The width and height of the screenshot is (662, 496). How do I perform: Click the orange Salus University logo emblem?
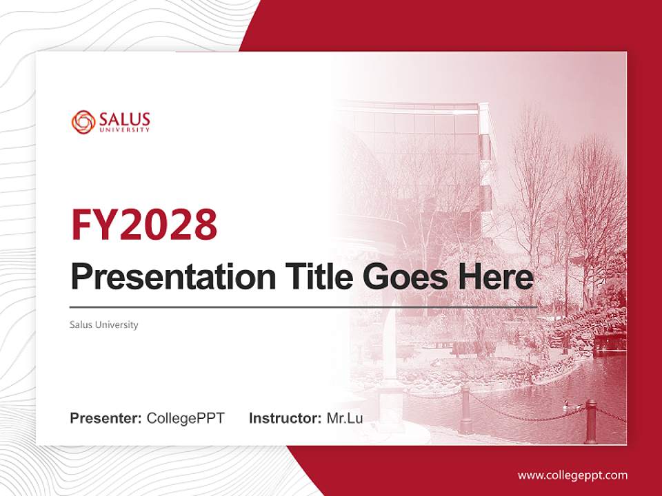(x=83, y=122)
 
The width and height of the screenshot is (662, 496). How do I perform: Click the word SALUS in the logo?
(x=124, y=118)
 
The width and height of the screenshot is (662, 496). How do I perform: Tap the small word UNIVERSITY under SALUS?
(x=124, y=130)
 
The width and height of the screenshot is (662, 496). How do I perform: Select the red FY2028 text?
(x=144, y=224)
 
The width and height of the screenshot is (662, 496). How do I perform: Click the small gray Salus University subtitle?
(x=104, y=324)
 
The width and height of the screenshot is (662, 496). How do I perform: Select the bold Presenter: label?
(x=106, y=418)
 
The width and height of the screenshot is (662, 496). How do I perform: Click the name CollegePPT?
(x=185, y=418)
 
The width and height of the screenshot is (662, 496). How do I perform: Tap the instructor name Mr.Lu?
(x=344, y=418)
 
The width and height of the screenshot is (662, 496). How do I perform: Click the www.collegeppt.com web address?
(x=572, y=475)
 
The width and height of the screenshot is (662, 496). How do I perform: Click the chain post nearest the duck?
(x=590, y=421)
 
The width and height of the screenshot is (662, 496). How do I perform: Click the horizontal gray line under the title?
(x=303, y=307)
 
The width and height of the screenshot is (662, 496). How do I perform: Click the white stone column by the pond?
(x=390, y=344)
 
